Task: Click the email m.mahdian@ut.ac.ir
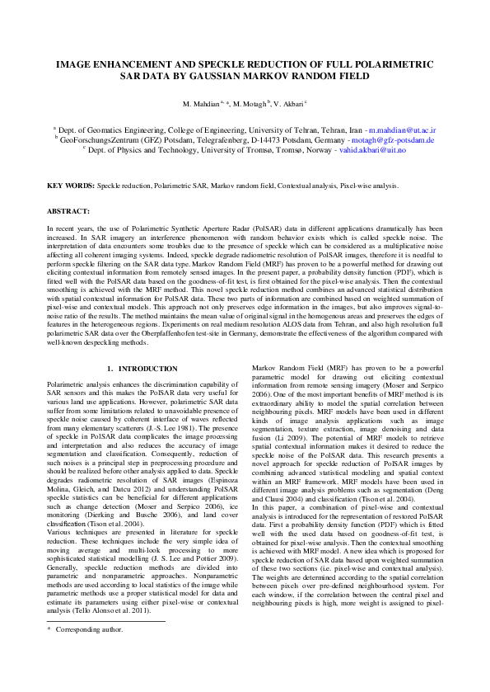[x=403, y=130]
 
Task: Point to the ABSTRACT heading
[x=68, y=211]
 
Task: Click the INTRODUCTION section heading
[x=148, y=368]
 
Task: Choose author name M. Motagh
[x=250, y=106]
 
